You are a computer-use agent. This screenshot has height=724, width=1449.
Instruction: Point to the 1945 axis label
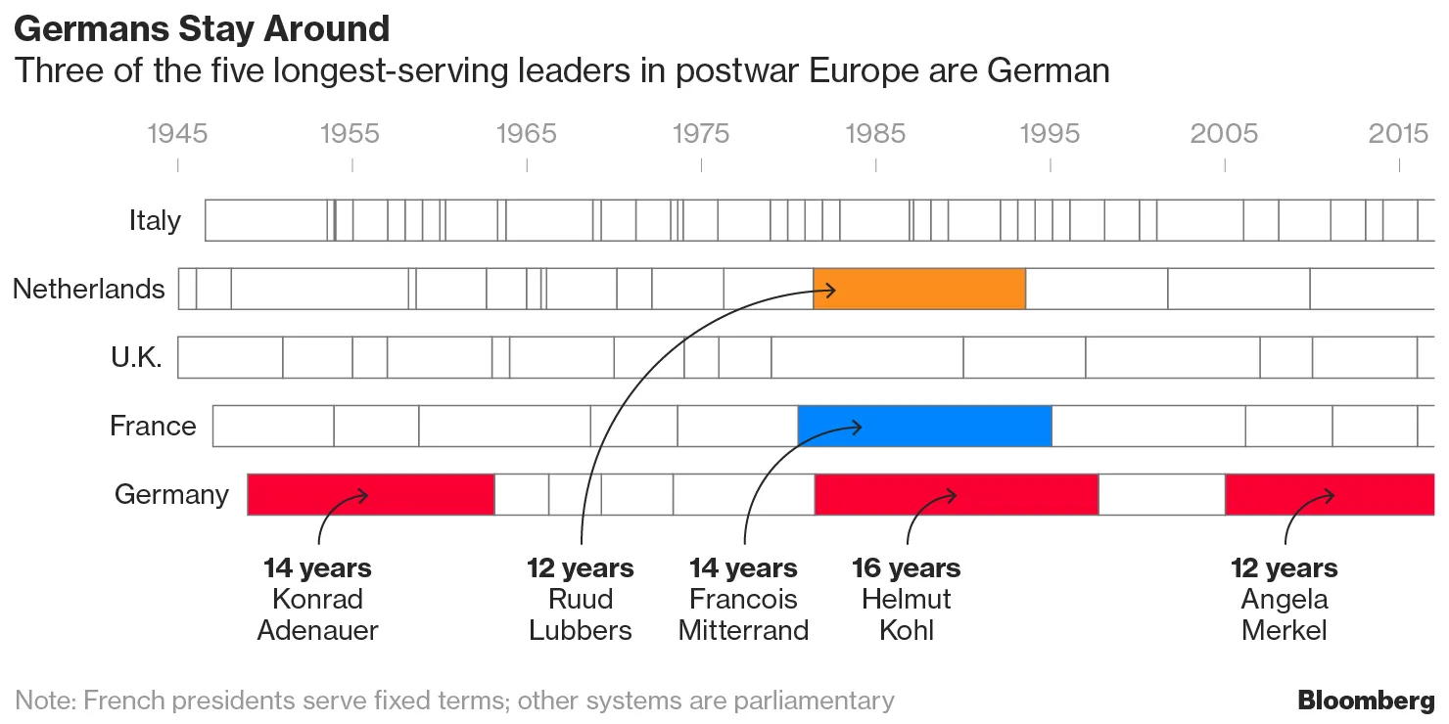point(177,133)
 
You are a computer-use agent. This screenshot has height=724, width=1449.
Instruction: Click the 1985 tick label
point(876,133)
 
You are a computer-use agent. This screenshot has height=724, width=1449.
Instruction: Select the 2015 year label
point(1398,133)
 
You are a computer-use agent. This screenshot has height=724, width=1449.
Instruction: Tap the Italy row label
point(155,220)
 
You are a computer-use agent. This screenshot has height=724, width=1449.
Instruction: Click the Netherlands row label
point(89,289)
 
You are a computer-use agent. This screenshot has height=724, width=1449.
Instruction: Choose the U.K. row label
point(136,357)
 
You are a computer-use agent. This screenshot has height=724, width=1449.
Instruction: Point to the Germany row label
point(171,494)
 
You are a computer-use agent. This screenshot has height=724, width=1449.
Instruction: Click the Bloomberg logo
point(1366,701)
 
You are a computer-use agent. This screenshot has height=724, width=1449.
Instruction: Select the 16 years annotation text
point(906,568)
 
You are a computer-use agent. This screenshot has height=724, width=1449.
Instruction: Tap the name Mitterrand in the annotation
point(743,630)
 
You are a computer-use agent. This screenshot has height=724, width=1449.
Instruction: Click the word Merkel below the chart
point(1284,630)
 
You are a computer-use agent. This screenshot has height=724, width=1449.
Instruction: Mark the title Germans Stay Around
point(202,29)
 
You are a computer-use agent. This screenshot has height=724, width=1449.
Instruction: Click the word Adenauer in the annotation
point(317,630)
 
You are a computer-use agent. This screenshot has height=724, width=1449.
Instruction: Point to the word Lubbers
point(581,630)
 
